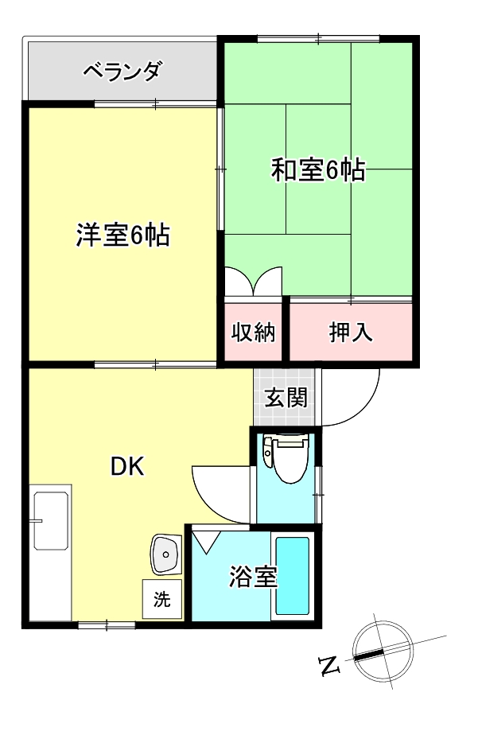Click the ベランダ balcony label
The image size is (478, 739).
pos(122,72)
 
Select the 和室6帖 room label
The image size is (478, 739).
pos(318,170)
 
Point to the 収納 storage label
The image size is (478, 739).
pos(253,332)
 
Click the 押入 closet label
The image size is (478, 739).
pos(351,332)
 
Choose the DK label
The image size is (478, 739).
pos(126,468)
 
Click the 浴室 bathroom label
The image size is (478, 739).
pos(253,577)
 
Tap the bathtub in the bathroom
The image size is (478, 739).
pos(292,576)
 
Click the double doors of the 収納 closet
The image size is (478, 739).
pos(253,282)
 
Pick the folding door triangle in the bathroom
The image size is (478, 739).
pos(209,542)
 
